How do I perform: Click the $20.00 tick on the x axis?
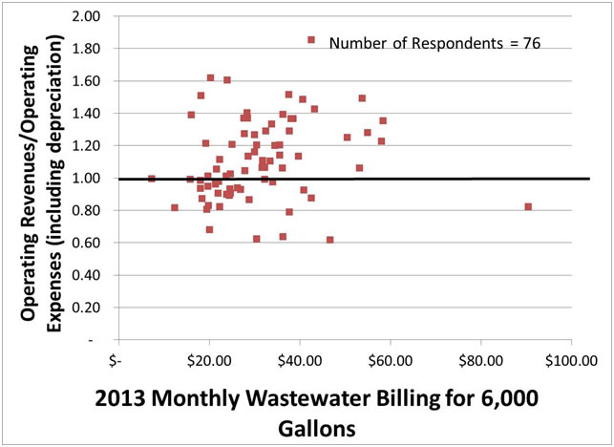tap(208, 360)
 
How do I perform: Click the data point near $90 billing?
tap(528, 207)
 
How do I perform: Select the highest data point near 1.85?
tap(311, 40)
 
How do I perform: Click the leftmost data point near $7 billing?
tap(152, 179)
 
